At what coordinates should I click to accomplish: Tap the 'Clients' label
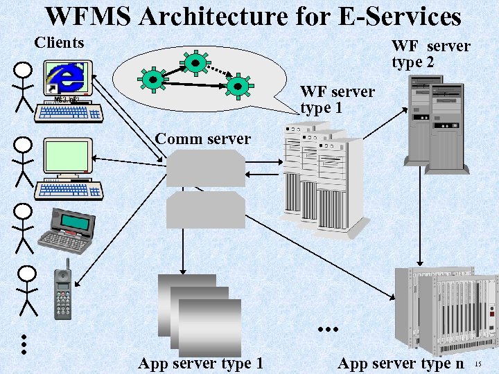59,43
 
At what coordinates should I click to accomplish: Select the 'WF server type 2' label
430,54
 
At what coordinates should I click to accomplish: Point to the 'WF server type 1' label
338,100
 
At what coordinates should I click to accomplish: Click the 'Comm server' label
202,139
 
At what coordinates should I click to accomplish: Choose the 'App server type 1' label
200,363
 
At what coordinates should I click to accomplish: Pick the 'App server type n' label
401,363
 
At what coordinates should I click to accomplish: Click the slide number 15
478,364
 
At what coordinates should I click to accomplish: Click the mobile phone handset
64,291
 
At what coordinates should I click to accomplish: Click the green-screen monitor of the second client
68,156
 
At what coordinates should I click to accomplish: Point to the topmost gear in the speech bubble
195,62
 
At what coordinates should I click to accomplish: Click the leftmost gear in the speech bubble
152,79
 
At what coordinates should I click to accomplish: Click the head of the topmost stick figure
24,70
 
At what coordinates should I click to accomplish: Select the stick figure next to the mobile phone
27,291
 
